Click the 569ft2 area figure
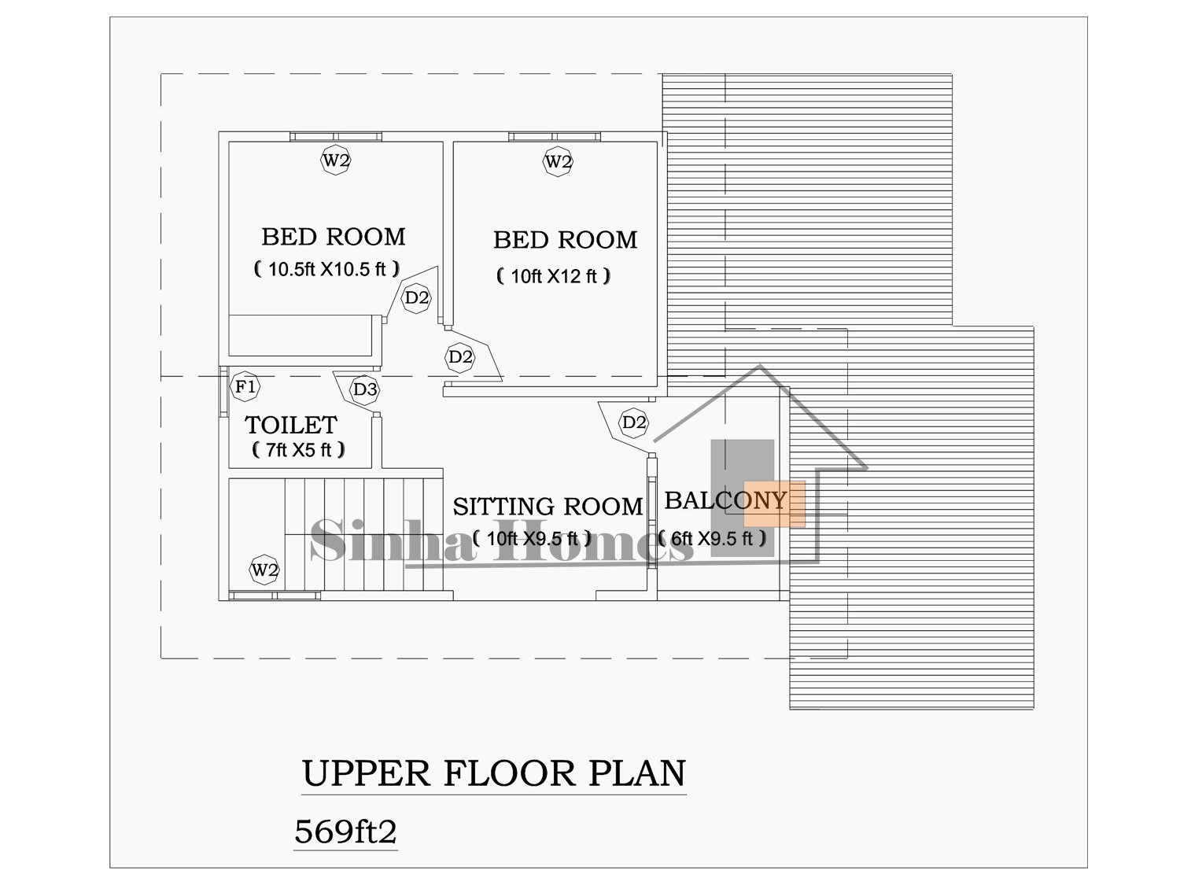[x=345, y=832]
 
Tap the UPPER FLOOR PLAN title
[x=493, y=774]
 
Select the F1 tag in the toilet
[x=245, y=386]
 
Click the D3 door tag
[x=364, y=389]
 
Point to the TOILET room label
[x=291, y=425]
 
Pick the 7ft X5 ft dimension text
[x=298, y=450]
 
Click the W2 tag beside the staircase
[x=264, y=570]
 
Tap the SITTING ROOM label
[x=548, y=507]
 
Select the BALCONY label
[x=725, y=501]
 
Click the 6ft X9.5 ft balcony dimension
[x=712, y=538]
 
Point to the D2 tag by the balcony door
[x=633, y=423]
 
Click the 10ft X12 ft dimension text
[x=554, y=276]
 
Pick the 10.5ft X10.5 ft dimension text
[x=326, y=269]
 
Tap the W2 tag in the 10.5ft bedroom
[x=335, y=160]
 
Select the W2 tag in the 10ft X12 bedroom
[x=558, y=161]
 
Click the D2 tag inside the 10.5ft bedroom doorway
[x=417, y=297]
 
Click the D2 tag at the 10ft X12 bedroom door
[x=460, y=357]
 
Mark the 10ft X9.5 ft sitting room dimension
[x=533, y=538]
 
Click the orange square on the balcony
[x=775, y=504]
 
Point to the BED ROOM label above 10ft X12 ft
[x=566, y=240]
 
